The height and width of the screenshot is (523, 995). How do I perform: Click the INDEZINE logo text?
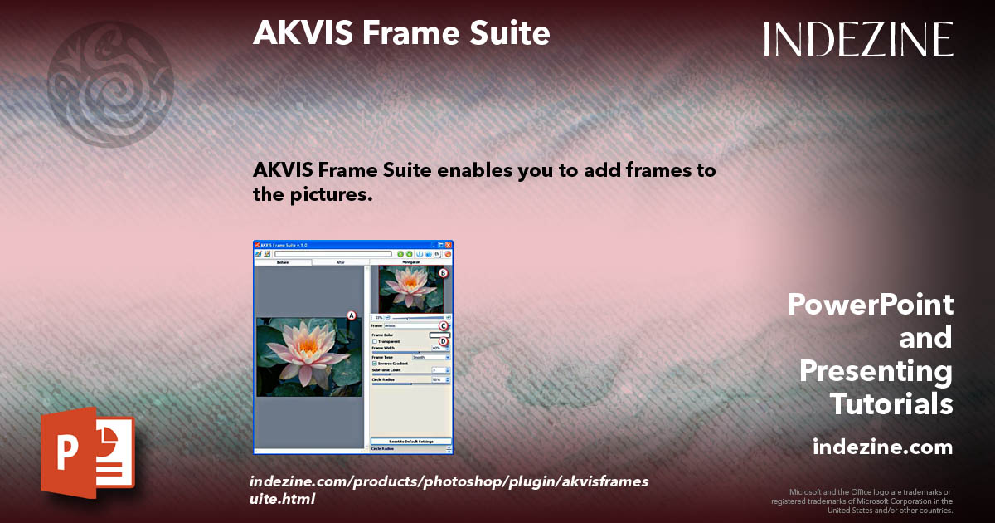(x=858, y=39)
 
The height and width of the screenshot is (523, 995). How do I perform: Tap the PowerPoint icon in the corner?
(x=86, y=452)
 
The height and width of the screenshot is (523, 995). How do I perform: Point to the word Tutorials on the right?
(x=891, y=404)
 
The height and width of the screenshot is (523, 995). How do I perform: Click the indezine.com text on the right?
(x=882, y=447)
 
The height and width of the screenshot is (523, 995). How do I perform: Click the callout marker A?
(x=351, y=315)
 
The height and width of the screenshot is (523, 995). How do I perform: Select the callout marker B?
(x=443, y=272)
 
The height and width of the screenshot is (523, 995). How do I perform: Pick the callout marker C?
(x=444, y=325)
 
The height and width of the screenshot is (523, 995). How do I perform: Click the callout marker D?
(x=444, y=340)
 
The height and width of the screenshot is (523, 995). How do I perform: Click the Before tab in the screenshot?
(x=283, y=262)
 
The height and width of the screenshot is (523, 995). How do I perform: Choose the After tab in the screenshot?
(x=340, y=262)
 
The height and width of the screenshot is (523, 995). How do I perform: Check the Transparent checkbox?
(x=375, y=341)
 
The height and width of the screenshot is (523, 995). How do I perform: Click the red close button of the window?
(x=449, y=245)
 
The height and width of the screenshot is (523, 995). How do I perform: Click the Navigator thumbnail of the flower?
(x=410, y=288)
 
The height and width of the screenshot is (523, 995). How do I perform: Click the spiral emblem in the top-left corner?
(x=111, y=84)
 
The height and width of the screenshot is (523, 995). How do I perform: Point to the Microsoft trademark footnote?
(x=862, y=501)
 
